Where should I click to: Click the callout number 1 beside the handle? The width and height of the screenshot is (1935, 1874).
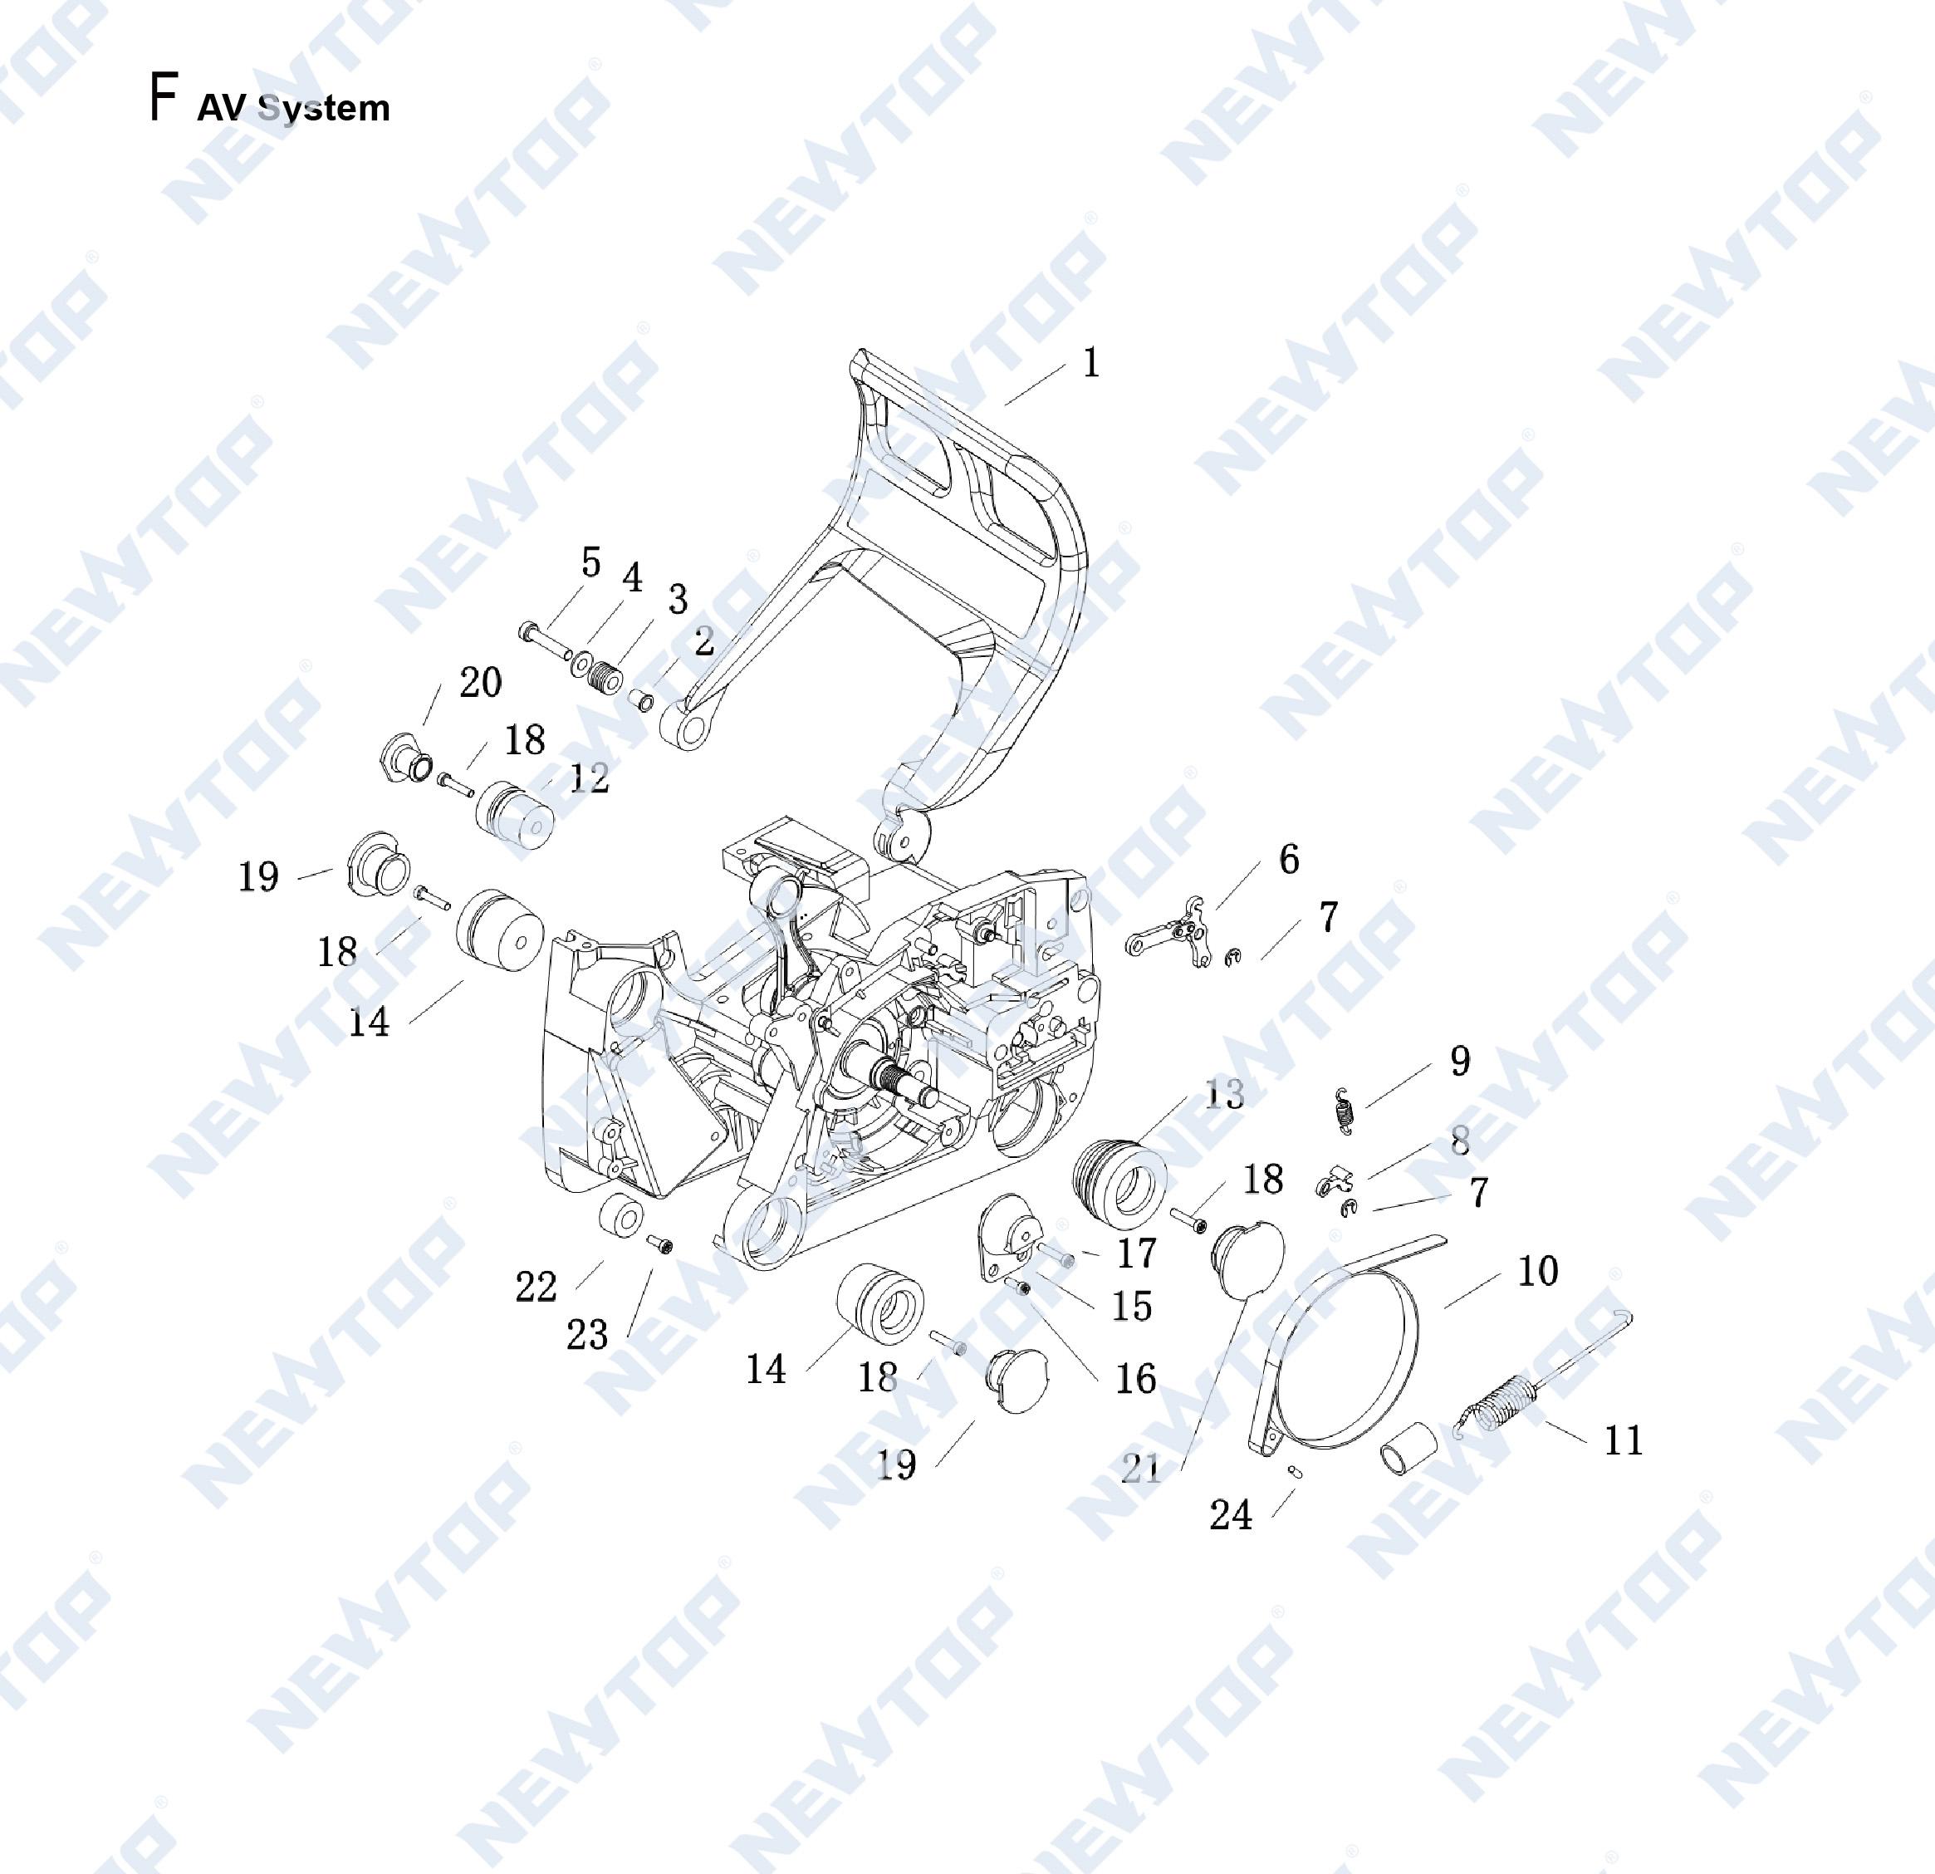[x=1091, y=363]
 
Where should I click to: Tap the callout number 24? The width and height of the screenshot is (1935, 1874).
[x=1230, y=1514]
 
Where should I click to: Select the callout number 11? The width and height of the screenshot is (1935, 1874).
[x=1623, y=1440]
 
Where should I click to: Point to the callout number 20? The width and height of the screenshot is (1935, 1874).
[x=481, y=682]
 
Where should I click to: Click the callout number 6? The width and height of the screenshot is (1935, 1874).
[x=1290, y=859]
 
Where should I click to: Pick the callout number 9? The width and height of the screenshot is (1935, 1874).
[x=1460, y=1061]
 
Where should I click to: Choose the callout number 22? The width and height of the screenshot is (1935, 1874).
[x=536, y=1287]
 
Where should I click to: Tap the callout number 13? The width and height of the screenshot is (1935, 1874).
[x=1224, y=1094]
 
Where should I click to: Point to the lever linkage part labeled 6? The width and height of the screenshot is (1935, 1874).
[x=1169, y=932]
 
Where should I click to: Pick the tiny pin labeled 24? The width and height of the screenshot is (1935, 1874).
[x=1296, y=1472]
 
